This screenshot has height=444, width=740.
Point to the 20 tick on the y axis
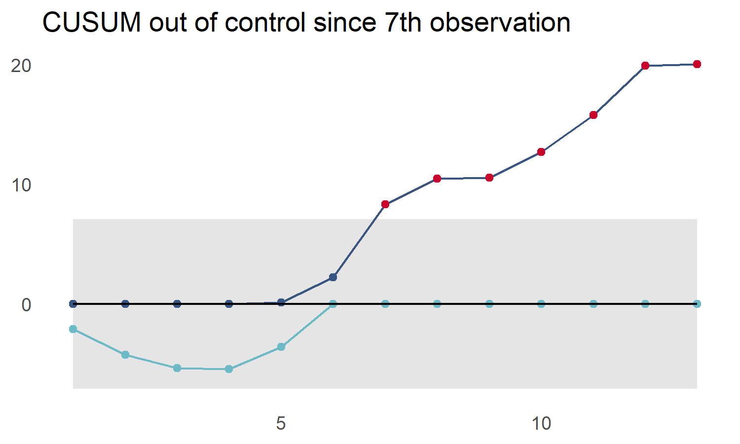pos(21,66)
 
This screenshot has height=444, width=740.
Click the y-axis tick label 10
pos(21,185)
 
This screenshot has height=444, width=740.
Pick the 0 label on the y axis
pos(26,305)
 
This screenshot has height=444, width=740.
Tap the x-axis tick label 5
pos(281,423)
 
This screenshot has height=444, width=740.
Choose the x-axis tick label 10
pos(541,423)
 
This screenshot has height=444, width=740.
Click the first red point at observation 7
pos(385,204)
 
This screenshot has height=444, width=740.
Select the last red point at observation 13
pos(697,64)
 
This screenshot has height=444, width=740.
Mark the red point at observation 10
pos(541,152)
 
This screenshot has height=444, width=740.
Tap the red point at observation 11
pos(593,115)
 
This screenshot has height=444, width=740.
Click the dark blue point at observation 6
pos(333,277)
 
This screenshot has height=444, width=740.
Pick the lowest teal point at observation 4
pos(229,369)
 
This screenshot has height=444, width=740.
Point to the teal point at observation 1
pos(73,329)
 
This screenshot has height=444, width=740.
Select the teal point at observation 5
pos(281,347)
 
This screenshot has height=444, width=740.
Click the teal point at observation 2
pos(125,355)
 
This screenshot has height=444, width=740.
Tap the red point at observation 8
pos(437,179)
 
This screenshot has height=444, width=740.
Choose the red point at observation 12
pos(645,66)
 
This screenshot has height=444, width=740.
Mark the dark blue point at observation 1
pos(73,304)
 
